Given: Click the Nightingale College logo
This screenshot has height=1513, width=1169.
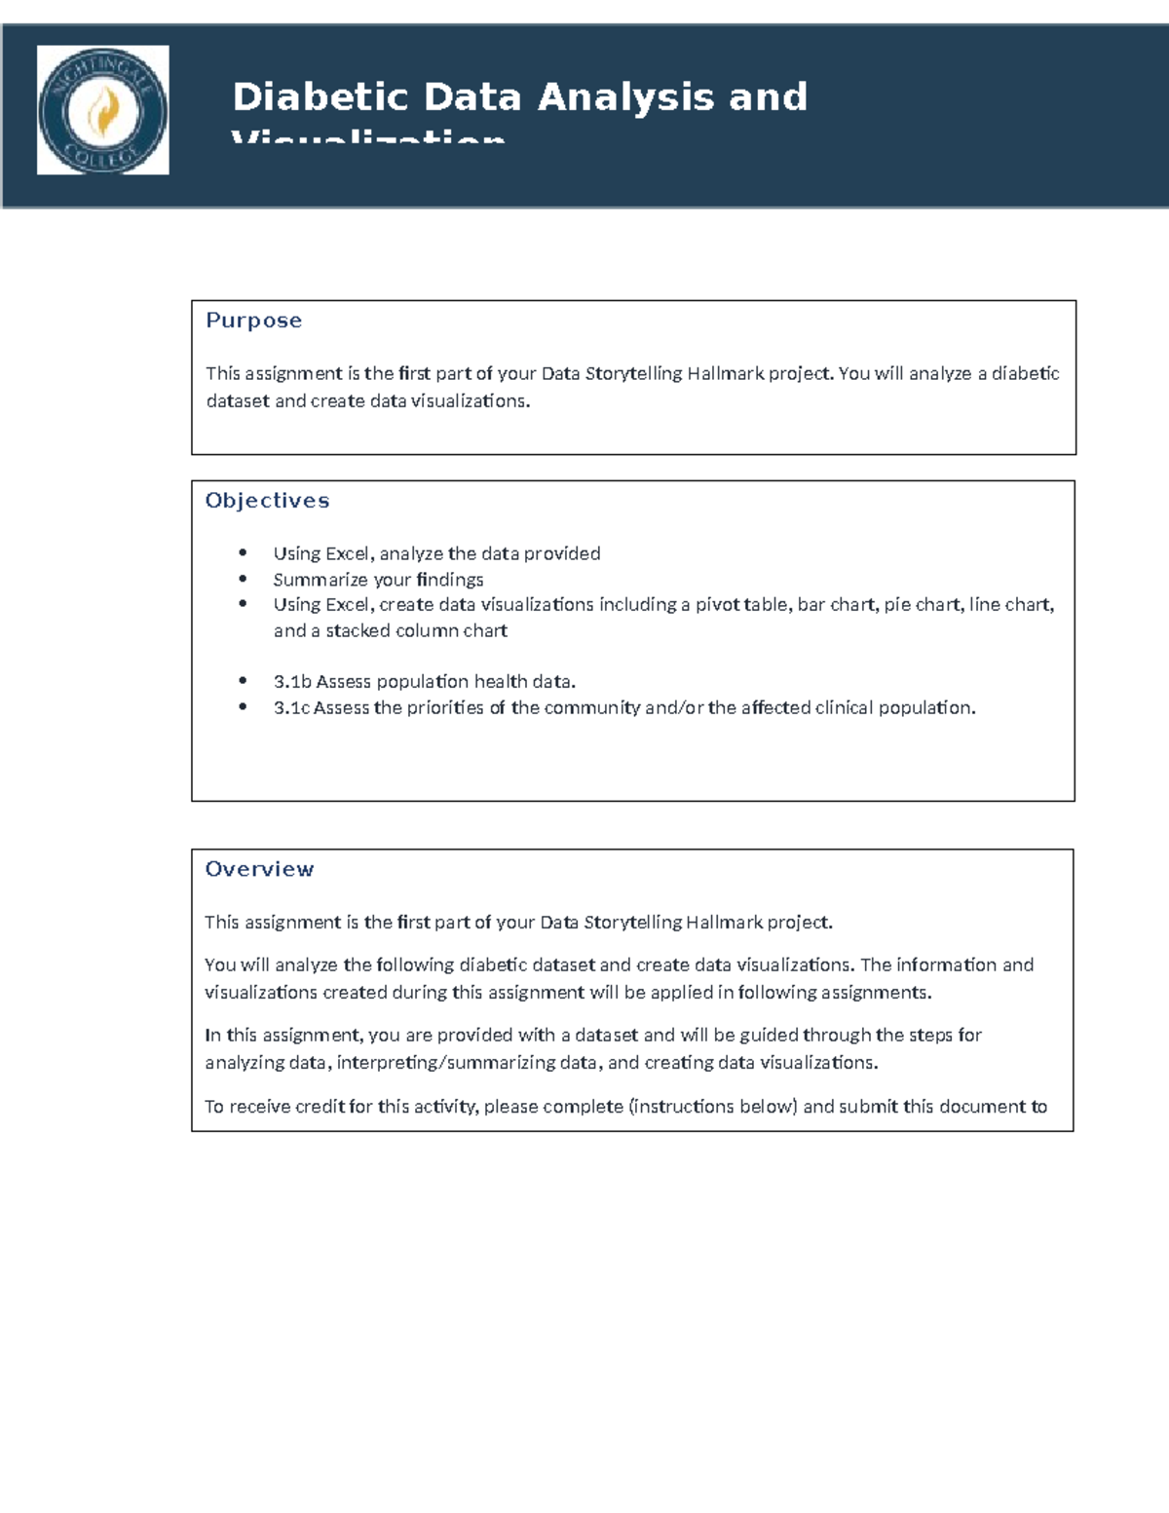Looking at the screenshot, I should pos(102,110).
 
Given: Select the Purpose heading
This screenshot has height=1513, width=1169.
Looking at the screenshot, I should pos(253,321).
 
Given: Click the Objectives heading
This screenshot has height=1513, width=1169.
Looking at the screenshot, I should pos(267,501).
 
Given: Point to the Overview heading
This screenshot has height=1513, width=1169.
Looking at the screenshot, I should pos(259,869).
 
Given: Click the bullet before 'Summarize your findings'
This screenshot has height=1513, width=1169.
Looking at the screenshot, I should pos(243,579).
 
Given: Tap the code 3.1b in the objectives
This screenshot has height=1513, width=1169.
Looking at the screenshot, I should pos(291,682).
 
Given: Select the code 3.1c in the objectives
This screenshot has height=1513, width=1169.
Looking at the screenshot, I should pos(291,708).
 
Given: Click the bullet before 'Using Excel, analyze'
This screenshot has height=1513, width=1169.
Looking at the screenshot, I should pos(243,553).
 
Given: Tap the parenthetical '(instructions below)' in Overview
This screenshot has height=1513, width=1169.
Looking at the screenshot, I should pos(712,1107).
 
